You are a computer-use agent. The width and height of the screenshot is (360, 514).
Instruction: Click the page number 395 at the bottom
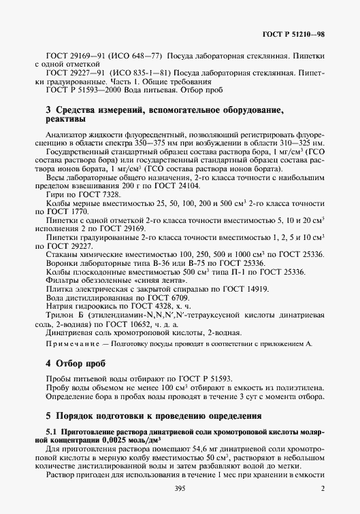coord(180,488)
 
